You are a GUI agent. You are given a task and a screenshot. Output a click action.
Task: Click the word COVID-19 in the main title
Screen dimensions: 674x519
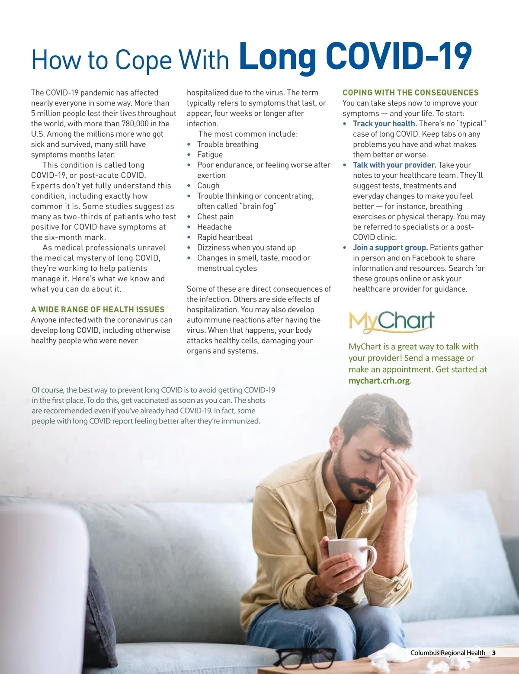(398, 56)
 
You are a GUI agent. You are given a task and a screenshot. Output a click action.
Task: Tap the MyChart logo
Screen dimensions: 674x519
(391, 322)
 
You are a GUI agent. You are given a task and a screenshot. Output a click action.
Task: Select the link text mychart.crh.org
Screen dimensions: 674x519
(379, 381)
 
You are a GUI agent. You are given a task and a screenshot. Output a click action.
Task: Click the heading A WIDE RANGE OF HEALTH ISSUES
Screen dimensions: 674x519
(98, 309)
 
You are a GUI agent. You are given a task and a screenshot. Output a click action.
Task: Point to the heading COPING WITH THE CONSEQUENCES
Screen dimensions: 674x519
(410, 93)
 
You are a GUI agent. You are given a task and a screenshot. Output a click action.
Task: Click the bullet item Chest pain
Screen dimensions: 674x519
(215, 217)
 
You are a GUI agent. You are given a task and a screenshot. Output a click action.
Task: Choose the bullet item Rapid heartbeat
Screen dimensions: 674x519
(224, 237)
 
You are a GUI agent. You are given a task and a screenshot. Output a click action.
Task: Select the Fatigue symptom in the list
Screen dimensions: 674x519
(210, 154)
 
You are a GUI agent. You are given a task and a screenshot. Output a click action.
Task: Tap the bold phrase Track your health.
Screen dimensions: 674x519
(384, 124)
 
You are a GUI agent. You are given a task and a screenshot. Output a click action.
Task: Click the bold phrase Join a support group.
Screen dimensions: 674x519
(390, 248)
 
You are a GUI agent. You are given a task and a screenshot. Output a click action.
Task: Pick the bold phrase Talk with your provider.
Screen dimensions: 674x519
(394, 165)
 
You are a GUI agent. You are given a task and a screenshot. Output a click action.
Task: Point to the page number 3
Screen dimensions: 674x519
(494, 653)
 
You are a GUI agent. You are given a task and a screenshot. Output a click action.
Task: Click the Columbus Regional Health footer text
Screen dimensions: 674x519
(448, 653)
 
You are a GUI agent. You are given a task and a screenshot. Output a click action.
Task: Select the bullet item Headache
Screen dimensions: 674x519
(214, 227)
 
